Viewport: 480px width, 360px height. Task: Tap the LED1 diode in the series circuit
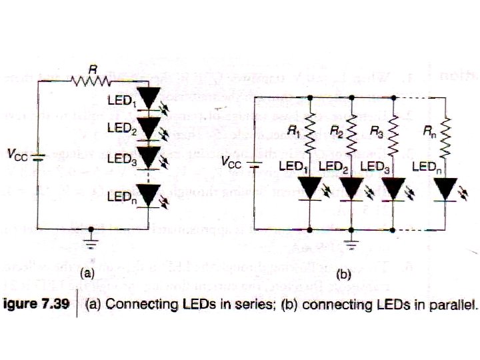pyautogui.click(x=151, y=97)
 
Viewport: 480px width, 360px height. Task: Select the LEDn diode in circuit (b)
pyautogui.click(x=447, y=189)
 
